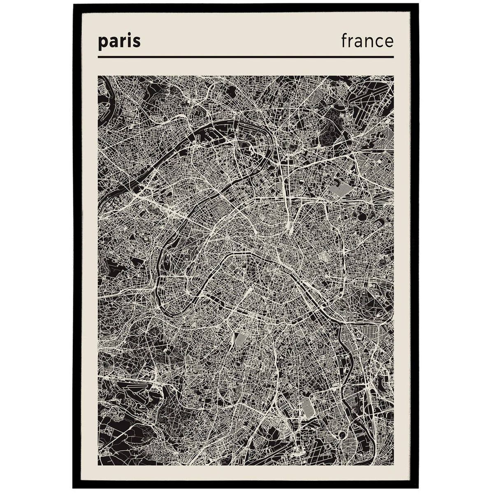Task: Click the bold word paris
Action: (119, 42)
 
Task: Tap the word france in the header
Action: (367, 41)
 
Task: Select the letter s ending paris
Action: (137, 42)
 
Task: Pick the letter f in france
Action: (344, 40)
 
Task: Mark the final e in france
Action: (388, 42)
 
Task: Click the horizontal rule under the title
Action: (246, 57)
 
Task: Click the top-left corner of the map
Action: (98, 75)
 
